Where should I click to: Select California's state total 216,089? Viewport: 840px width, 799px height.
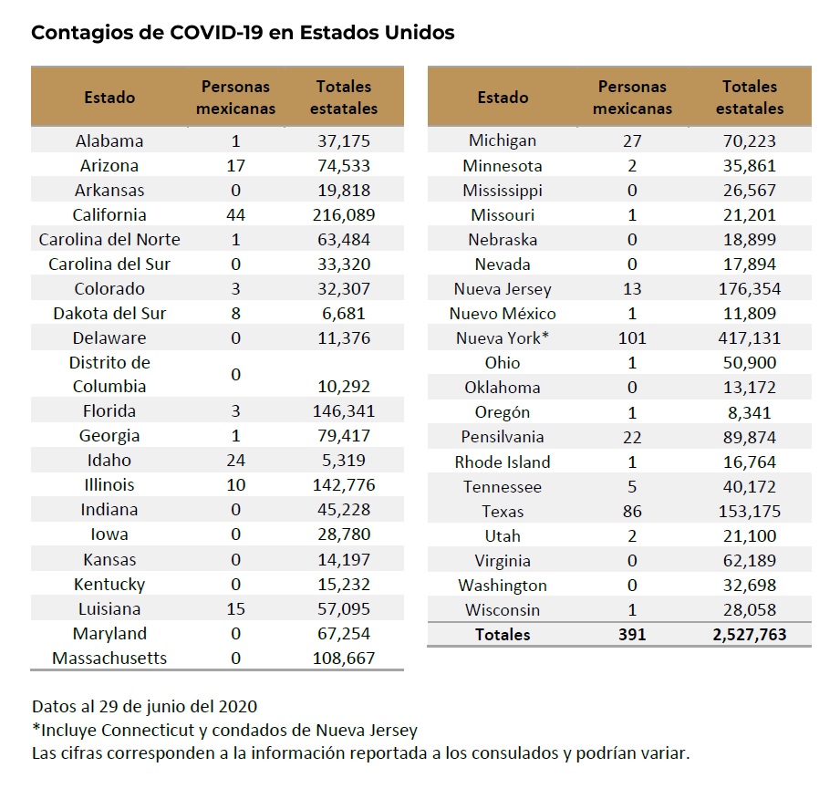tap(343, 215)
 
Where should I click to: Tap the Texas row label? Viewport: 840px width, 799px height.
tap(503, 512)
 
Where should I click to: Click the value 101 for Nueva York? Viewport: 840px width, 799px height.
tap(632, 338)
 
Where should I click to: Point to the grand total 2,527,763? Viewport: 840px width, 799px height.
tap(749, 634)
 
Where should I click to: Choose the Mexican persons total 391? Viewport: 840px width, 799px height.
tap(631, 634)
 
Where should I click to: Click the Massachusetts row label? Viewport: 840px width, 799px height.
tap(109, 659)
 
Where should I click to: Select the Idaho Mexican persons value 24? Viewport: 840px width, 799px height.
tap(236, 461)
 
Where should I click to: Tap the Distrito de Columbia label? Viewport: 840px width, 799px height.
tap(109, 374)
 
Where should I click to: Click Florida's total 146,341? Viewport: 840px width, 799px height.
tap(343, 411)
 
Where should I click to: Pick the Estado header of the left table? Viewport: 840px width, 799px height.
tap(109, 98)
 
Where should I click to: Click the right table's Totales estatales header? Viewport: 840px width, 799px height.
tap(749, 98)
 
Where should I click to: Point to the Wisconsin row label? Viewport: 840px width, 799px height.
tap(503, 610)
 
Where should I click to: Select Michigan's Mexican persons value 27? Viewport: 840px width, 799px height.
tap(631, 141)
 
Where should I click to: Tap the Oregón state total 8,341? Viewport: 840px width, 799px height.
tap(749, 412)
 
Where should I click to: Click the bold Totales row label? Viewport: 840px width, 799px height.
tap(503, 634)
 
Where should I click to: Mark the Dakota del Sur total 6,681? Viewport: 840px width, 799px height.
tap(343, 314)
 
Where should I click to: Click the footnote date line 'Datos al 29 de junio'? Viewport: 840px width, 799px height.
tap(144, 707)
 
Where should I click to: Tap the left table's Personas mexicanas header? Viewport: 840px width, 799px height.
tap(236, 98)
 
